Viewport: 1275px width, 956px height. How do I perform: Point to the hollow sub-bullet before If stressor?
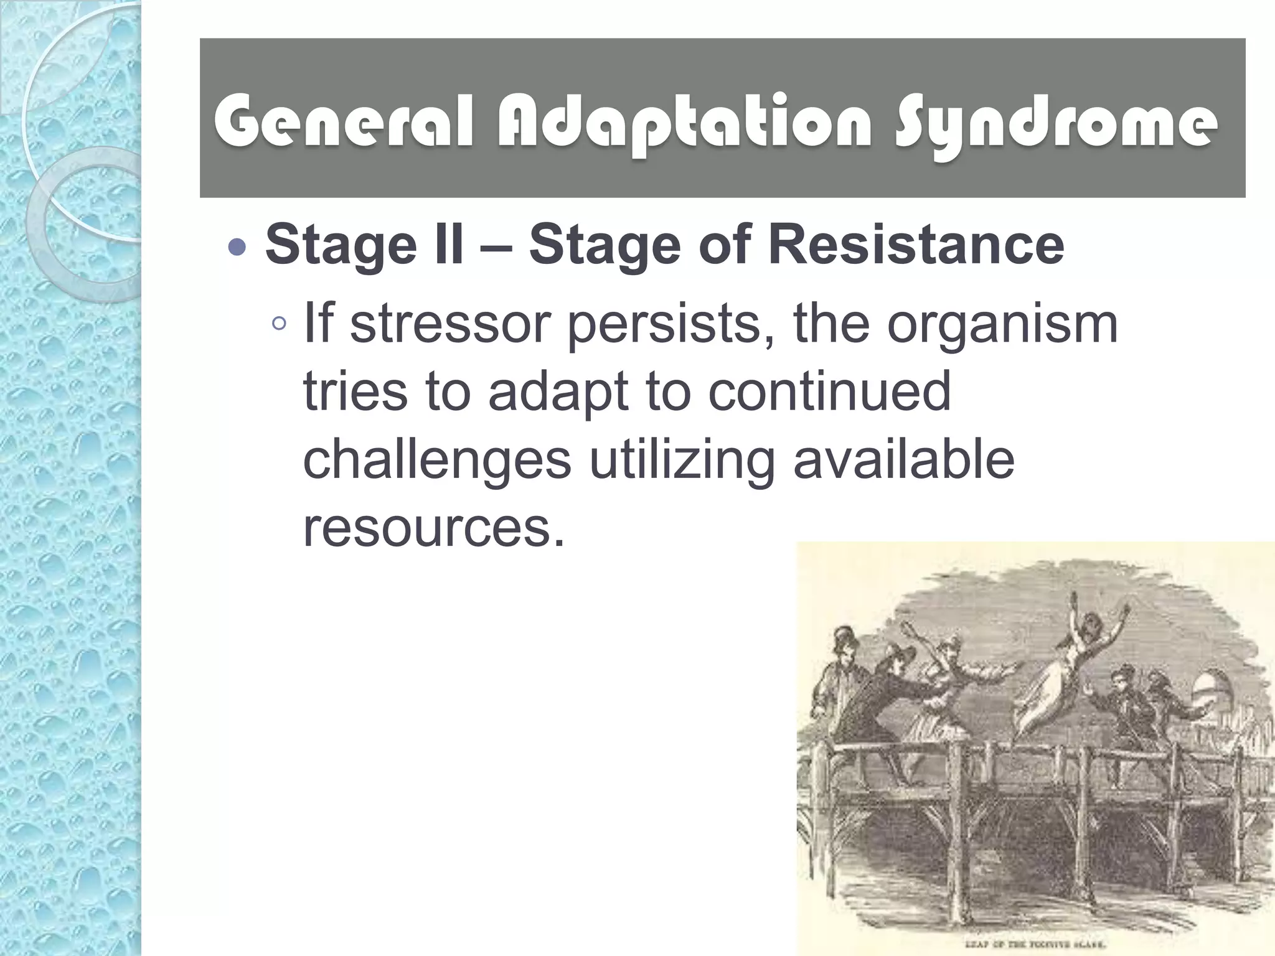pyautogui.click(x=280, y=323)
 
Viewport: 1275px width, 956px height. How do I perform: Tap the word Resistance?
pyautogui.click(x=916, y=245)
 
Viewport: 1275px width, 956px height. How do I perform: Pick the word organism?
pyautogui.click(x=1002, y=326)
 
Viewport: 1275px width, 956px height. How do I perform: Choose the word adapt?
pyautogui.click(x=558, y=393)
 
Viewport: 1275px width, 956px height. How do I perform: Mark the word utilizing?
pyautogui.click(x=682, y=461)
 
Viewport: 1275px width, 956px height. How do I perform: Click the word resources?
pyautogui.click(x=434, y=528)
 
